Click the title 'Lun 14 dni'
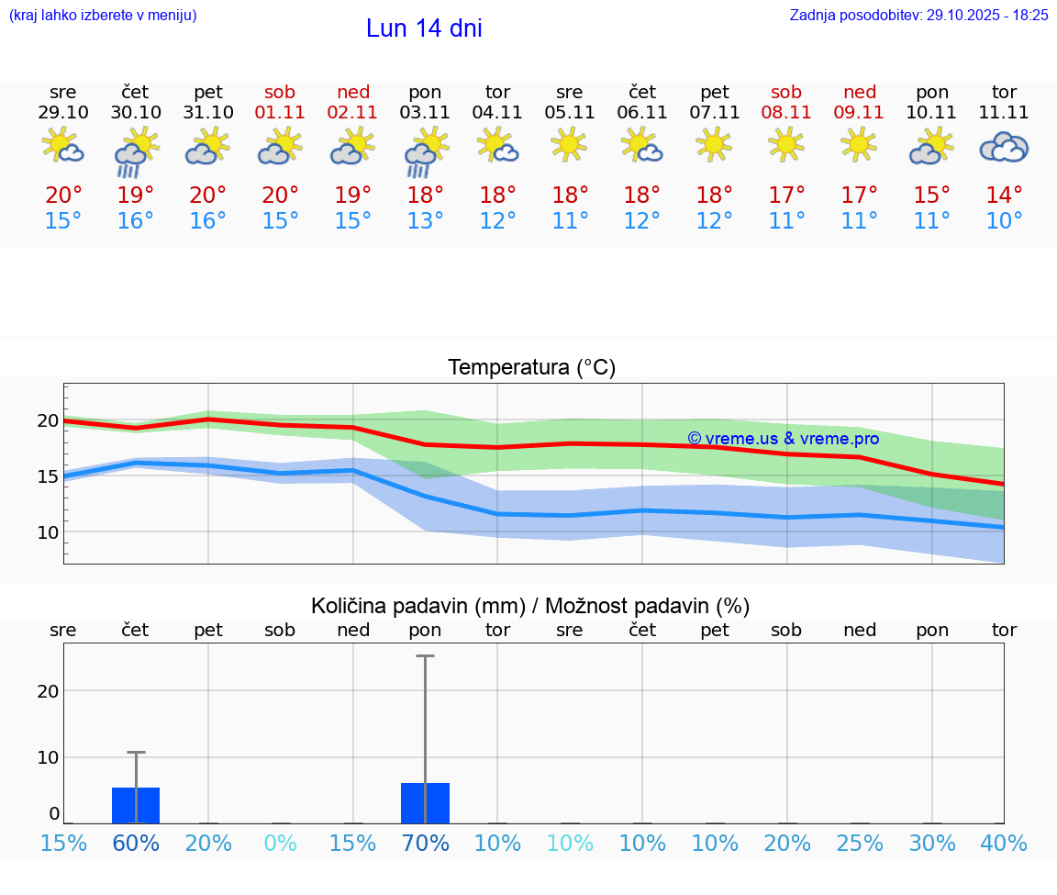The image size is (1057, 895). pyautogui.click(x=424, y=28)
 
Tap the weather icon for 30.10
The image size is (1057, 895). pyautogui.click(x=136, y=151)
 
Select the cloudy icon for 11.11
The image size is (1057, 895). pyautogui.click(x=1004, y=147)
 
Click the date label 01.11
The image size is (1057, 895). pyautogui.click(x=281, y=112)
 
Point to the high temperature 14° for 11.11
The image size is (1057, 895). pyautogui.click(x=1004, y=195)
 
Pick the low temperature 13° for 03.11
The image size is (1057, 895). pyautogui.click(x=426, y=221)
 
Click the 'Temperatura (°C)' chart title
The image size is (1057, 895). pyautogui.click(x=531, y=367)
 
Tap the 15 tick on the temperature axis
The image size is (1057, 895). pyautogui.click(x=48, y=476)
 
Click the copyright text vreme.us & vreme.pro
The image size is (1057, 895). pyautogui.click(x=784, y=439)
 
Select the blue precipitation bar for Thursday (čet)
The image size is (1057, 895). pyautogui.click(x=136, y=805)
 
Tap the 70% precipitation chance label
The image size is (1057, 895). pyautogui.click(x=426, y=843)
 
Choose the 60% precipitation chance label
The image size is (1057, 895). pyautogui.click(x=136, y=843)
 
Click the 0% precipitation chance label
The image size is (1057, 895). pyautogui.click(x=281, y=843)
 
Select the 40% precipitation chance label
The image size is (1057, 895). pyautogui.click(x=1004, y=843)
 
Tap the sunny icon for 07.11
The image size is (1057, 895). pyautogui.click(x=715, y=144)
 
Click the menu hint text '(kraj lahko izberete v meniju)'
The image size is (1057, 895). pyautogui.click(x=103, y=15)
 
